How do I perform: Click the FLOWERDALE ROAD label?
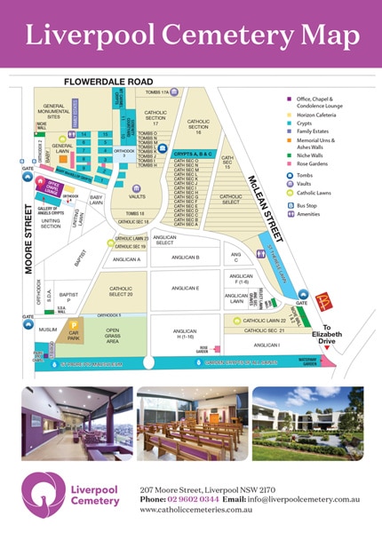(115, 82)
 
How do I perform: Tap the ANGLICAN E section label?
(186, 289)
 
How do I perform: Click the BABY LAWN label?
(97, 202)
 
